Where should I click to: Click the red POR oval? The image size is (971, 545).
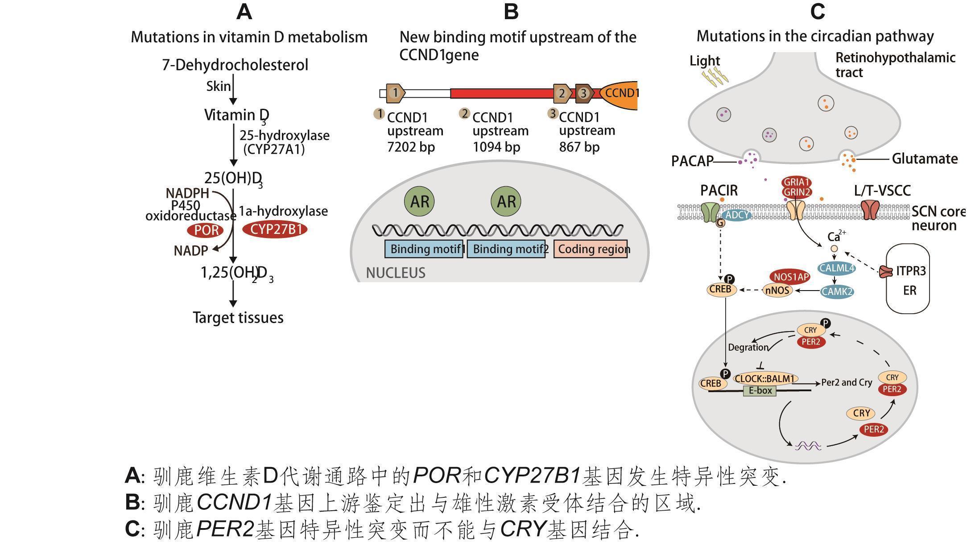pyautogui.click(x=207, y=230)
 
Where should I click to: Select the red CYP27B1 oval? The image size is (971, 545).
pyautogui.click(x=275, y=229)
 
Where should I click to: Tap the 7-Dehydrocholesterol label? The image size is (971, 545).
pyautogui.click(x=235, y=65)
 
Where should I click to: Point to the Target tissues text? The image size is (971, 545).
pyautogui.click(x=238, y=318)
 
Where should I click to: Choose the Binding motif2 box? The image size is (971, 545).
pyautogui.click(x=506, y=249)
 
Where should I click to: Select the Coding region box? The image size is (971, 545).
pyautogui.click(x=591, y=249)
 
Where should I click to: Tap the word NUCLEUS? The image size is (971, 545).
pyautogui.click(x=396, y=273)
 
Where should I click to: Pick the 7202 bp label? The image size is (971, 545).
pyautogui.click(x=411, y=147)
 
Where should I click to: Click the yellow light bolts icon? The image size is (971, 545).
pyautogui.click(x=715, y=77)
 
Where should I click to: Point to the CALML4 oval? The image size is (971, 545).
pyautogui.click(x=836, y=268)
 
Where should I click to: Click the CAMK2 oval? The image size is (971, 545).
pyautogui.click(x=837, y=291)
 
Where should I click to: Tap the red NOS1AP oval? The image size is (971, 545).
pyautogui.click(x=791, y=277)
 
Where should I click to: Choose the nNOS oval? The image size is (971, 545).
pyautogui.click(x=778, y=291)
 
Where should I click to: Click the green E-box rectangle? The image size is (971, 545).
pyautogui.click(x=760, y=391)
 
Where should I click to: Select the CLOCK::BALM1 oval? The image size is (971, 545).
pyautogui.click(x=764, y=379)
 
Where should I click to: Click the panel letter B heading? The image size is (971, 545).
pyautogui.click(x=511, y=12)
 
